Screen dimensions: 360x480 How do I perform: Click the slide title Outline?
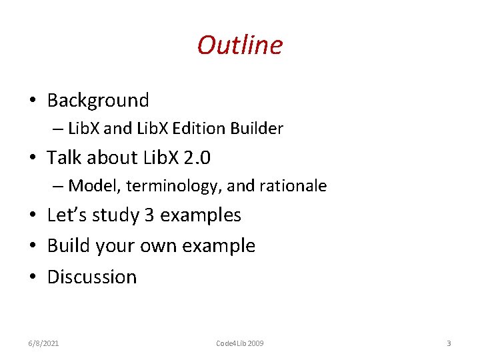(x=240, y=45)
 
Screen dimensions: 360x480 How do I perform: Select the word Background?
(x=98, y=101)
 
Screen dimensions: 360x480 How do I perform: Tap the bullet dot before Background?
(x=32, y=101)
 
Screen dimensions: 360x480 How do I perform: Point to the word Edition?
(x=204, y=129)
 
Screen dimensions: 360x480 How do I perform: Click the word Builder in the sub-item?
(x=257, y=129)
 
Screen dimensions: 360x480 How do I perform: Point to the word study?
(x=113, y=216)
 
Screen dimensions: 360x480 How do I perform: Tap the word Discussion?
(x=92, y=277)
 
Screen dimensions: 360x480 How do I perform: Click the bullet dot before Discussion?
(x=32, y=277)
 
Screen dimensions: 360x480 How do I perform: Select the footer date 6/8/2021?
(x=43, y=343)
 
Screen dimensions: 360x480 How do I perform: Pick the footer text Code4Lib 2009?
(x=240, y=343)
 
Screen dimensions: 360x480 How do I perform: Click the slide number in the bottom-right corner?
(x=449, y=343)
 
